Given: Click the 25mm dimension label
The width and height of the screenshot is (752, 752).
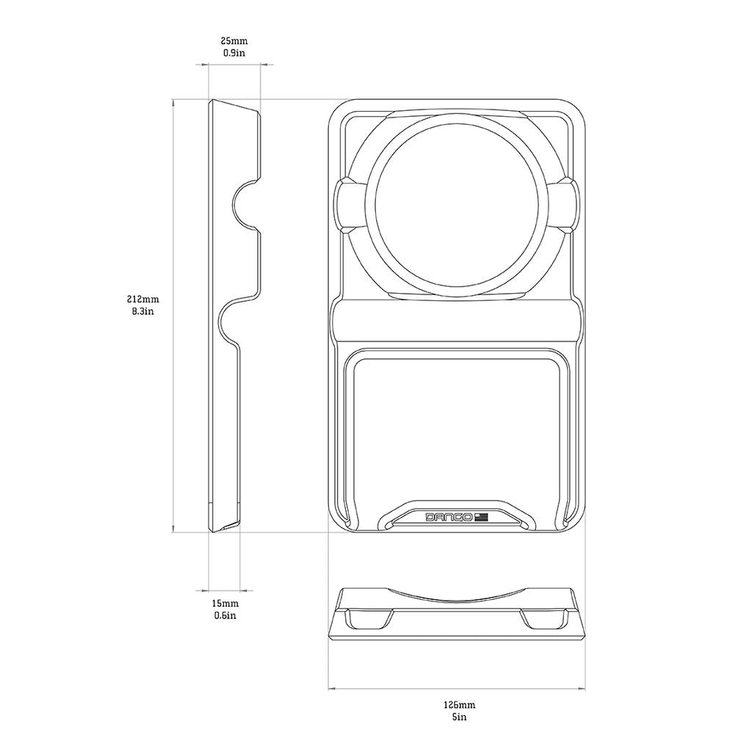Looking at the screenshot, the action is pos(234,41).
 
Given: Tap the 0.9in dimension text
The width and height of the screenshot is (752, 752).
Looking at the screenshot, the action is pos(234,53).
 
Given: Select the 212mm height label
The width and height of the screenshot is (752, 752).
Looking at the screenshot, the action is pos(143,300).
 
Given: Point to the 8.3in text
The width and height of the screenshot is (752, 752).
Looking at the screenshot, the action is pos(143,311).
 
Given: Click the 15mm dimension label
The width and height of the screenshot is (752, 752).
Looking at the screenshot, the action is pos(225,604).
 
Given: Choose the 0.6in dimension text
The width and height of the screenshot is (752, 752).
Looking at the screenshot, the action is pos(225,615).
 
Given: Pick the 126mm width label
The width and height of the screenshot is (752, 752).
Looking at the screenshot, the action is pos(459,705).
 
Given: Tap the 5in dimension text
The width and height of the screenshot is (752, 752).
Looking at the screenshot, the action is pos(459,717).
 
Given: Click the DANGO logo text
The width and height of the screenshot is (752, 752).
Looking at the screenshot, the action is pos(449,517).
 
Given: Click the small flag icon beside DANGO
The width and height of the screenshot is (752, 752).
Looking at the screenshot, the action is pos(481,517).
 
